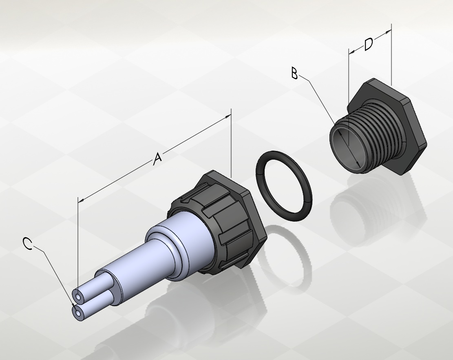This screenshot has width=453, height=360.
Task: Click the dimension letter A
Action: (157, 159)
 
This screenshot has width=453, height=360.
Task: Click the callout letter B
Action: (294, 73)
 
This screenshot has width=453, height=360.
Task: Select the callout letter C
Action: (28, 244)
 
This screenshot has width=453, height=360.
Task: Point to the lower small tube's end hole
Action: (77, 313)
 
